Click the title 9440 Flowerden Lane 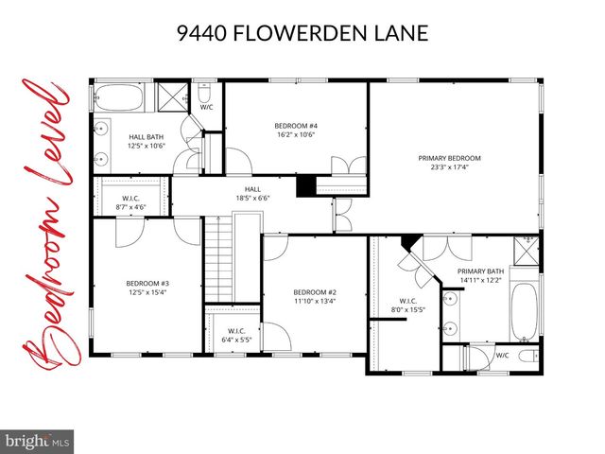pos(302,34)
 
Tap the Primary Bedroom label pos(449,158)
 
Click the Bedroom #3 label pos(147,283)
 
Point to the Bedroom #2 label pos(314,291)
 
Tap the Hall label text pos(252,189)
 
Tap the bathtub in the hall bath pos(118,98)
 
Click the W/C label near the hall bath pos(206,107)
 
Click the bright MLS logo pos(38,440)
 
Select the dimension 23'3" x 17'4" pos(449,167)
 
